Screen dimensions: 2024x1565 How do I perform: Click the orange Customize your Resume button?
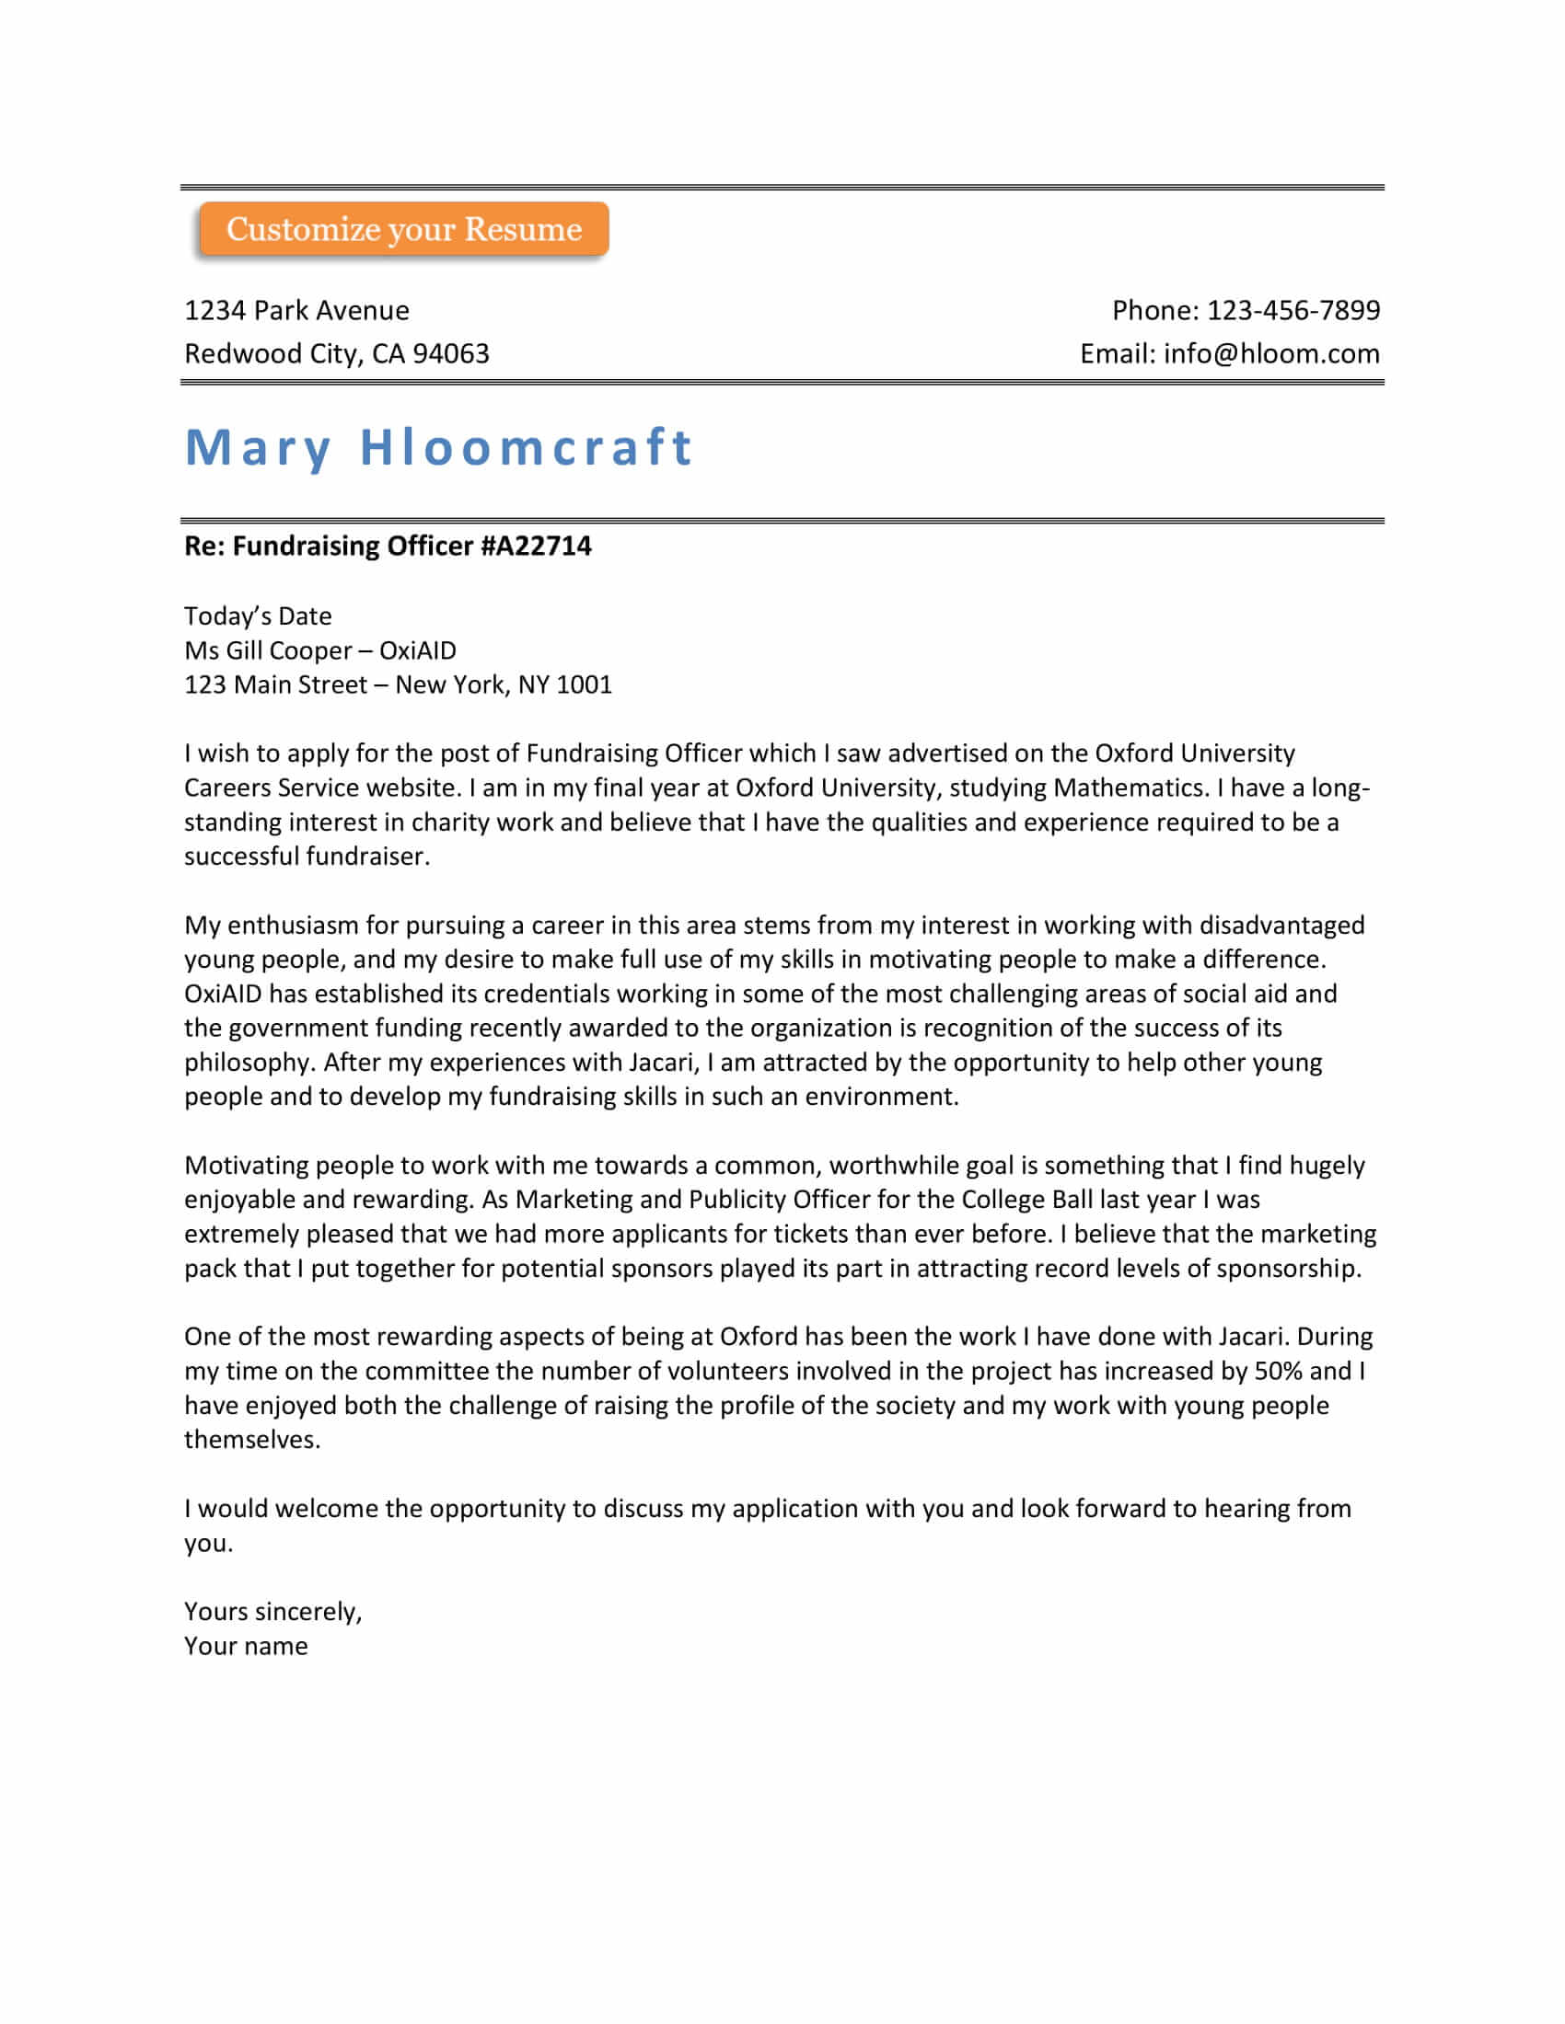tap(403, 229)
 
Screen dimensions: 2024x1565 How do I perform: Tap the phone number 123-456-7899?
tap(1293, 310)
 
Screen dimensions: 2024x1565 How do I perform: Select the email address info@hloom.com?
tap(1271, 354)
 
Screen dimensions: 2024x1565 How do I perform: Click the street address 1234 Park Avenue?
tap(296, 310)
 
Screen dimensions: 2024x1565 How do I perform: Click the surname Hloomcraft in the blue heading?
tap(526, 448)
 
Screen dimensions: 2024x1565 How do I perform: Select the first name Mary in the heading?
tap(258, 448)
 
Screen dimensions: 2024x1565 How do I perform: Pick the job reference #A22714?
tap(536, 546)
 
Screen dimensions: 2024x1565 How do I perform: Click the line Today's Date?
tap(258, 616)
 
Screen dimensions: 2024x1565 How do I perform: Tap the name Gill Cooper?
tap(288, 650)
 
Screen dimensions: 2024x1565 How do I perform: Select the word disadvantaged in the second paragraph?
tap(1281, 925)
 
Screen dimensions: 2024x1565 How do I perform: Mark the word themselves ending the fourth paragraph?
tap(251, 1439)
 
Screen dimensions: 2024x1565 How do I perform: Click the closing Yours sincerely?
tap(272, 1612)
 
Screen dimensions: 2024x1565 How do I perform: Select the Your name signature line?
tap(246, 1646)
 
